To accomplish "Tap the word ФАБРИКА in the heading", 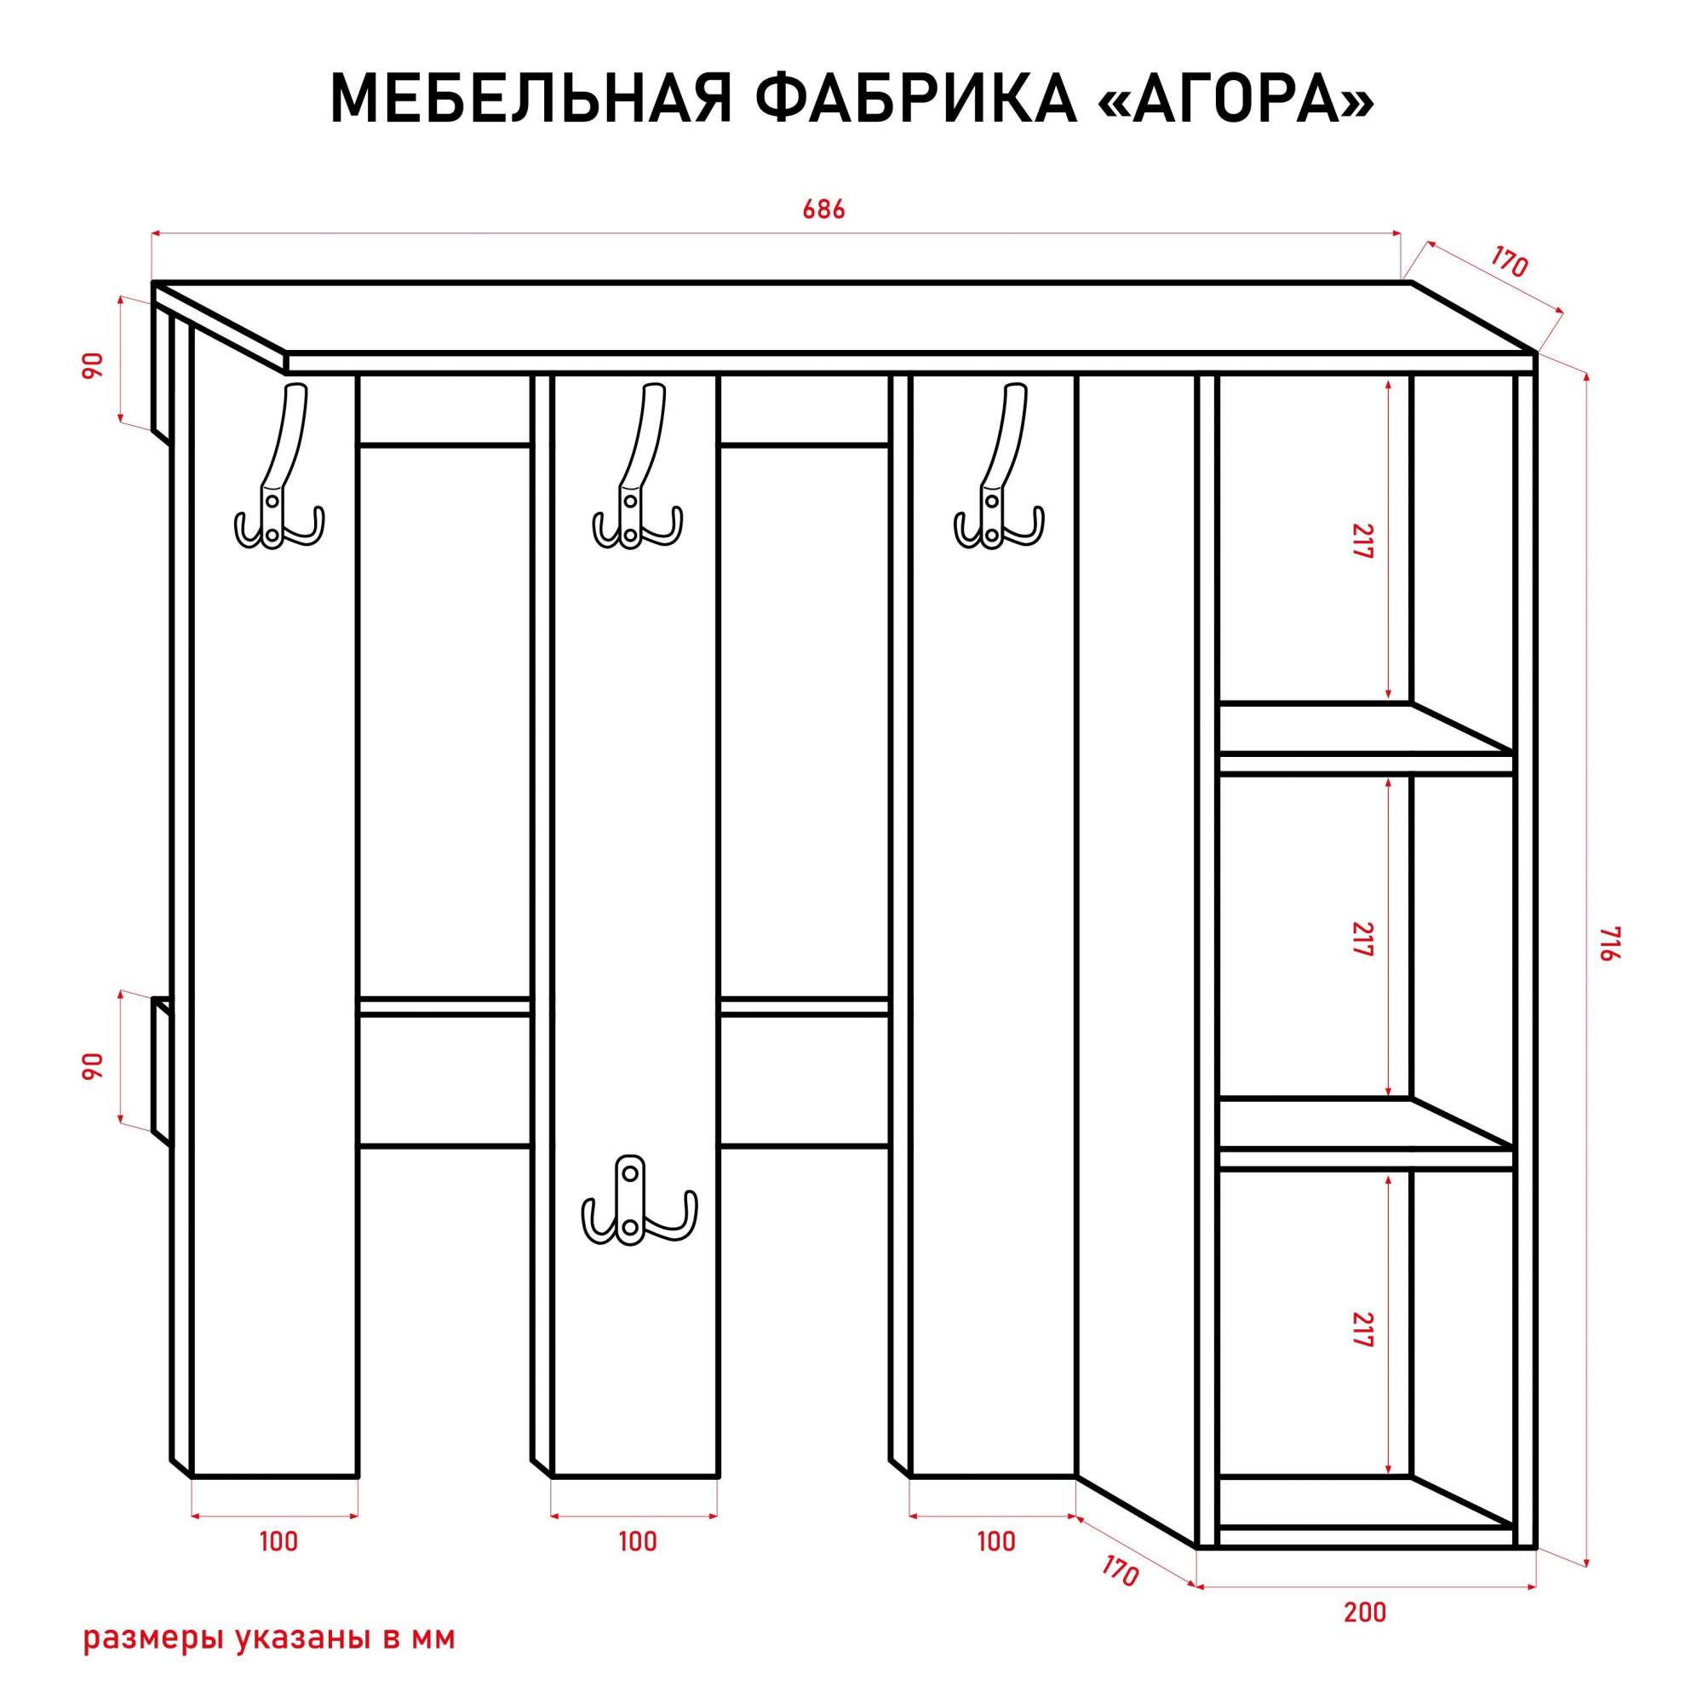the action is click(x=918, y=97).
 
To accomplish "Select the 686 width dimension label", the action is click(x=824, y=209).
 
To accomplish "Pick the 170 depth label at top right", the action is click(x=1509, y=262).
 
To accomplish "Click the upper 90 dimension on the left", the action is click(x=93, y=365).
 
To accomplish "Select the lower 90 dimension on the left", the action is click(x=93, y=1067).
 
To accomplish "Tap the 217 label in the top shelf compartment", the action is click(x=1362, y=542).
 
